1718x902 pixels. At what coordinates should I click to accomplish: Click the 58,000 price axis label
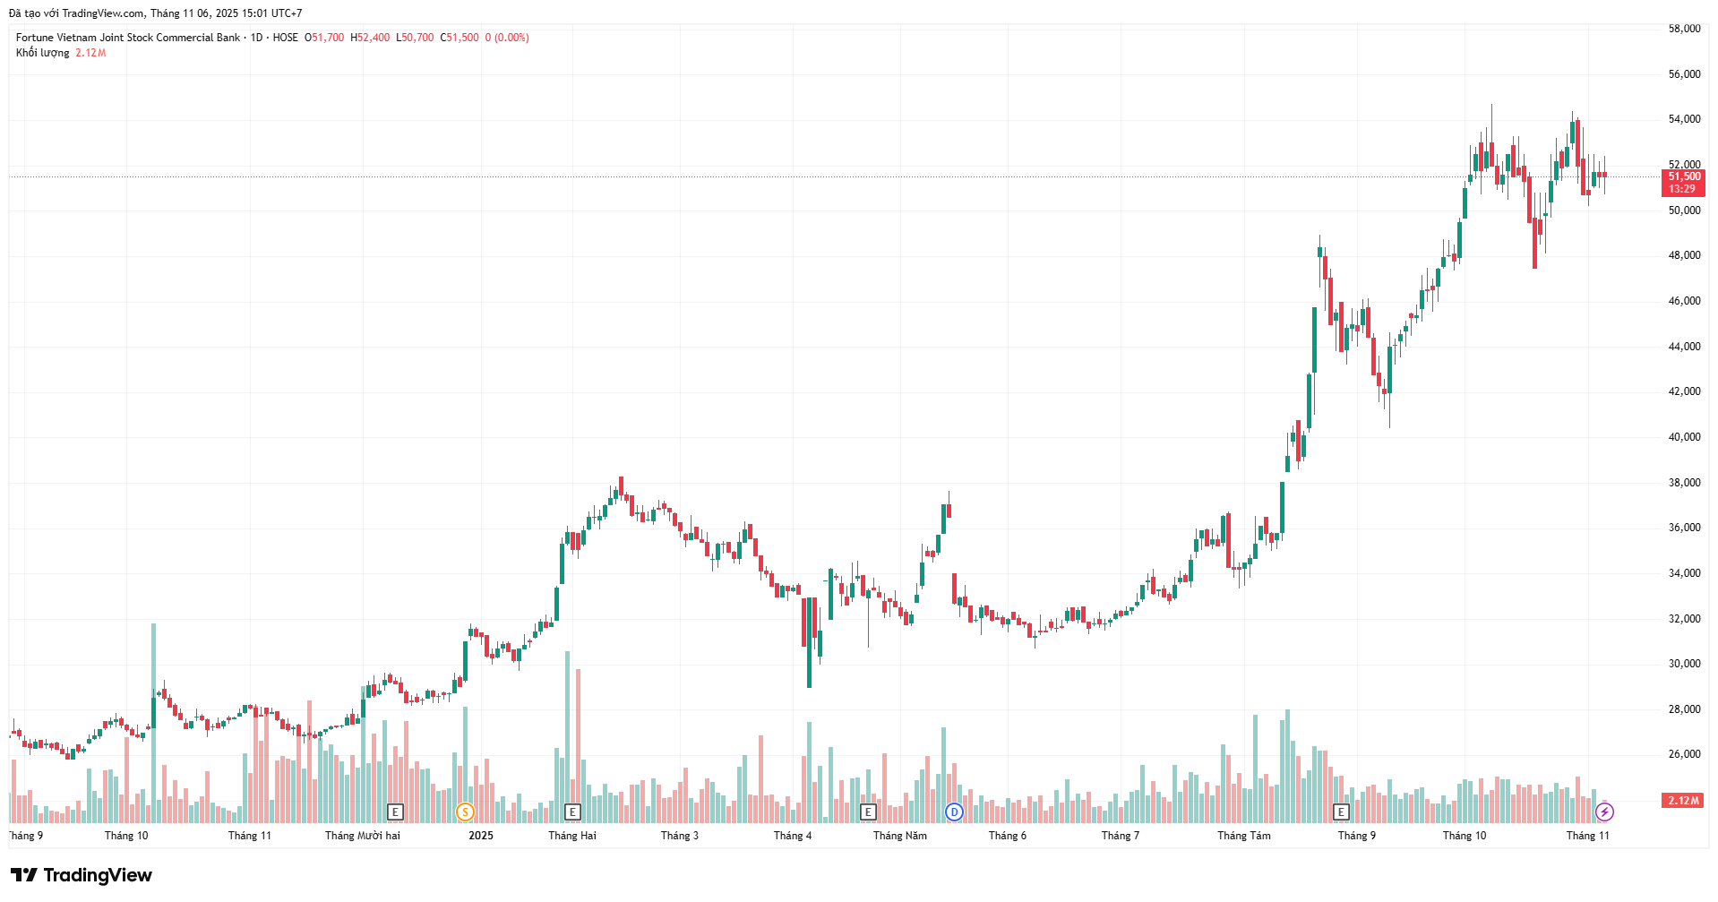click(1684, 29)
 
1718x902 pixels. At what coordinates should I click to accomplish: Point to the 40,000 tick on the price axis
click(1684, 437)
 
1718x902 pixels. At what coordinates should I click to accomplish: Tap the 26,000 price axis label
click(1684, 754)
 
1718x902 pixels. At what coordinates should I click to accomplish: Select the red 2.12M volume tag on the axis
click(1683, 801)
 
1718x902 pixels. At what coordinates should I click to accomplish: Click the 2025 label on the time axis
click(481, 836)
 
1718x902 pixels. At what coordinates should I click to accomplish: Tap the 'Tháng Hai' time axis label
click(572, 836)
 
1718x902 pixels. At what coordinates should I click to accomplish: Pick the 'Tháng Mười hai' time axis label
click(363, 836)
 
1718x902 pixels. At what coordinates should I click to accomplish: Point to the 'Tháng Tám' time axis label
click(1243, 836)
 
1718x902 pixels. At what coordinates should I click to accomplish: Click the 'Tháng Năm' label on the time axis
click(900, 836)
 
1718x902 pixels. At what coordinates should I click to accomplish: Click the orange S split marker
click(465, 812)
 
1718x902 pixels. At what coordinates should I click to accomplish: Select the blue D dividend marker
click(954, 812)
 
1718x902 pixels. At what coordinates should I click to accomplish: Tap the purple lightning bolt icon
click(1604, 812)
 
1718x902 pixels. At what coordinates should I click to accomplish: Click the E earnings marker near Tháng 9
click(1341, 812)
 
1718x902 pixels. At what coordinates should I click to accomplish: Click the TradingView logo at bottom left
click(82, 875)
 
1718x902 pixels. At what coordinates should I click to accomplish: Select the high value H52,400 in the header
click(370, 38)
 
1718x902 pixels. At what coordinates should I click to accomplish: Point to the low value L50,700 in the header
click(415, 38)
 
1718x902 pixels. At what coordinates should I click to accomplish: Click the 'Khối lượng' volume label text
click(42, 53)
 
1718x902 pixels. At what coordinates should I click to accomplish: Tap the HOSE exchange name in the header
click(286, 38)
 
